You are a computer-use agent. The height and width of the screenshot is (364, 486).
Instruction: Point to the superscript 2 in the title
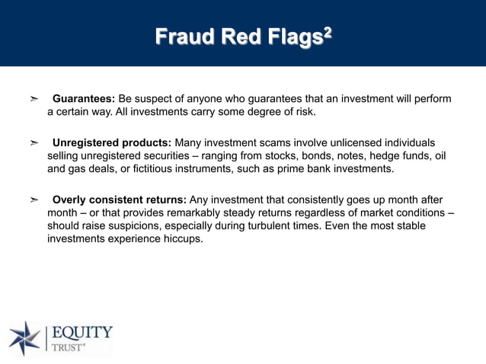328,31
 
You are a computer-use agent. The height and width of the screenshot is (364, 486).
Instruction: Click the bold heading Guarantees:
84,99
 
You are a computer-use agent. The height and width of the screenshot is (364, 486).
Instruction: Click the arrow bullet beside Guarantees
34,99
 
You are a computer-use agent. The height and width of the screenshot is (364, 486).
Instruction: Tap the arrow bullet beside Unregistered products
34,142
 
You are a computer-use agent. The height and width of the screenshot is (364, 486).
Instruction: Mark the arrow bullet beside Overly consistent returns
34,200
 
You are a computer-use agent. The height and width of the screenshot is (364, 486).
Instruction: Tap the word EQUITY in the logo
82,333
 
